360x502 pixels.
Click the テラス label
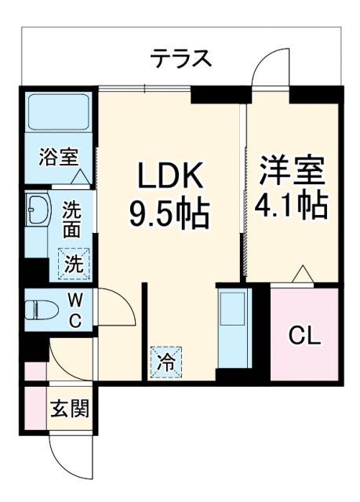[x=181, y=57]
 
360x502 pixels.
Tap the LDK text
[x=171, y=175]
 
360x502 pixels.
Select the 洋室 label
[x=292, y=169]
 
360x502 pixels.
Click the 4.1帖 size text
[x=292, y=205]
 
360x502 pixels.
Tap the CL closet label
[x=304, y=335]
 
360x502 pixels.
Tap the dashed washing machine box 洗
[x=73, y=263]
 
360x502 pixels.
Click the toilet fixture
[x=39, y=308]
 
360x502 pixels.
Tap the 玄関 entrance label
[x=70, y=409]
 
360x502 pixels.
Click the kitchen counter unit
[x=233, y=329]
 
